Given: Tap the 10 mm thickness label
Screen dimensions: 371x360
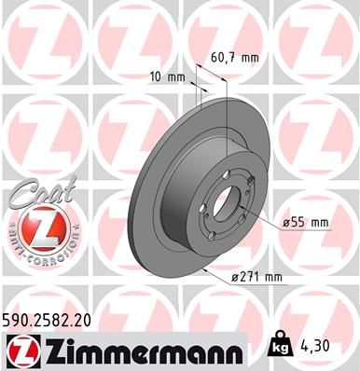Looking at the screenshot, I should click(x=165, y=76).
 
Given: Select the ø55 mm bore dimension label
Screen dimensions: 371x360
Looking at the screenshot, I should click(x=307, y=222).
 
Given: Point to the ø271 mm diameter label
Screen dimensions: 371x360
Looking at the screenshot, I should click(x=256, y=277).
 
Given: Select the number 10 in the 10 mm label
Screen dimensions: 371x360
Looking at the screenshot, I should click(x=155, y=76).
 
